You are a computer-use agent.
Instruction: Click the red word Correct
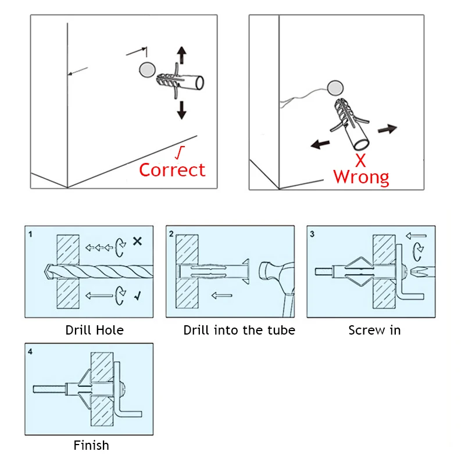172,170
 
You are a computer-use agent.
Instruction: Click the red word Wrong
361,177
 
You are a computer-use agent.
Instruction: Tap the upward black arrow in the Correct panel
181,56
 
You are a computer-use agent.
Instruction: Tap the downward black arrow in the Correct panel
181,109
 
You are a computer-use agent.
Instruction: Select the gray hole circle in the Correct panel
147,70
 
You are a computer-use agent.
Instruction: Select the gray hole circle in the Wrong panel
335,88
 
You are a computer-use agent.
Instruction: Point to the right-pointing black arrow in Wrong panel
387,128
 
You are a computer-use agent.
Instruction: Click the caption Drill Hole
94,330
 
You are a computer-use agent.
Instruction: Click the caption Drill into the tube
239,330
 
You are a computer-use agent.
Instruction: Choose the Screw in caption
374,330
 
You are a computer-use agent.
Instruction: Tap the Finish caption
91,446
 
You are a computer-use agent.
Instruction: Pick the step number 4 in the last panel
30,351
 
